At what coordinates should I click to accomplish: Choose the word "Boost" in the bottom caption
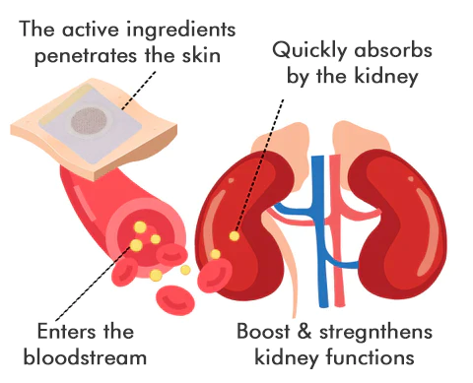(x=261, y=330)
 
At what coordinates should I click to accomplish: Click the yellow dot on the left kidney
(x=235, y=236)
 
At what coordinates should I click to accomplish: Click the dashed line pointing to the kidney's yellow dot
(x=262, y=158)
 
